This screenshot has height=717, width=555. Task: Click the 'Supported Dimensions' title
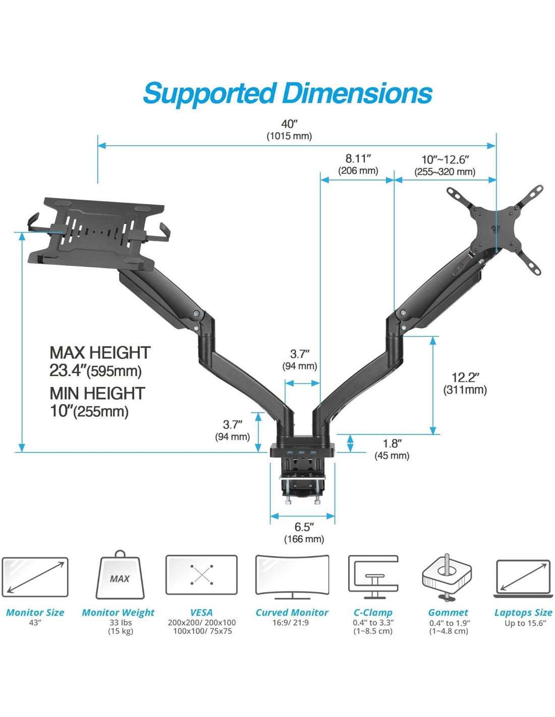tap(287, 93)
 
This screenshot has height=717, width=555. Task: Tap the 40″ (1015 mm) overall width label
tap(289, 130)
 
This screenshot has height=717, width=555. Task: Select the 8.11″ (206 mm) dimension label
tap(358, 165)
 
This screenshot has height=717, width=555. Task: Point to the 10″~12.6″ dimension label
tap(445, 165)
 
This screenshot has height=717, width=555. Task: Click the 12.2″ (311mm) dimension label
tap(465, 383)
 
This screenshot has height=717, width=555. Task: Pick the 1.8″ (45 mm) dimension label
tap(392, 449)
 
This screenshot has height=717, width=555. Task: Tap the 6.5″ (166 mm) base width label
tap(304, 533)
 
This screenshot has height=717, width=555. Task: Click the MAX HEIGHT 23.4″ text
tap(99, 362)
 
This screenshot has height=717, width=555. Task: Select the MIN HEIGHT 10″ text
tap(97, 402)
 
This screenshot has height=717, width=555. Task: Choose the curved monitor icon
tap(292, 577)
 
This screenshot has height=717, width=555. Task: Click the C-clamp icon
tap(373, 577)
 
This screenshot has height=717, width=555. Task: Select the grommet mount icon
tap(447, 577)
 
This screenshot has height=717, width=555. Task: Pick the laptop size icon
tap(523, 578)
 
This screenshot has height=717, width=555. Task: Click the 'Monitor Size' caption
tap(35, 613)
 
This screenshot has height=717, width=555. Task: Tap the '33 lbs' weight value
tap(121, 623)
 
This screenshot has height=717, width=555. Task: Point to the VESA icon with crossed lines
tap(201, 575)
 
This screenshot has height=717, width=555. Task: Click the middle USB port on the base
tap(301, 452)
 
